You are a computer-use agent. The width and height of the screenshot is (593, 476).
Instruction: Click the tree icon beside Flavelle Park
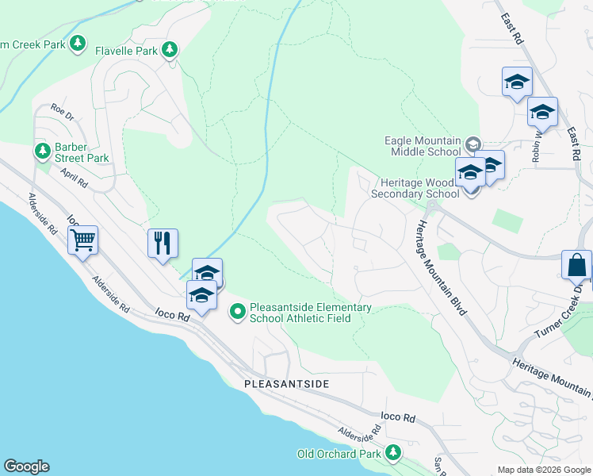[x=169, y=50]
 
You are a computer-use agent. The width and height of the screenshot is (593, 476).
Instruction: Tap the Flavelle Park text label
[x=127, y=50]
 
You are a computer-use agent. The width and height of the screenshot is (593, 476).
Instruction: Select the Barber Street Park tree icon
[x=43, y=151]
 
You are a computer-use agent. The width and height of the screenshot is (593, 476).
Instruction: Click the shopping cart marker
[x=83, y=240]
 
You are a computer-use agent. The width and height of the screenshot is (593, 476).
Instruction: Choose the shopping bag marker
[x=576, y=265]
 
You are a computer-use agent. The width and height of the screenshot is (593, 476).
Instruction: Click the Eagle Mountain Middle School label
[x=423, y=146]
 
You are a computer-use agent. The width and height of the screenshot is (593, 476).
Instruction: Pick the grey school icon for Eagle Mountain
[x=473, y=144]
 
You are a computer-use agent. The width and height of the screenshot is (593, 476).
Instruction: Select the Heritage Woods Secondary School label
[x=415, y=188]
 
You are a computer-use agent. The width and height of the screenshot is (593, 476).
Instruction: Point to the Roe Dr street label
[x=61, y=109]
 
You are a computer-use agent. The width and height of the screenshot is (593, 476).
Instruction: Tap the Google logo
[x=26, y=466]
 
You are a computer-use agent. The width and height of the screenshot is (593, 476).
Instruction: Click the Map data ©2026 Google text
[x=543, y=470]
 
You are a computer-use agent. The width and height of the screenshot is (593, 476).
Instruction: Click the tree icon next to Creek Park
[x=77, y=44]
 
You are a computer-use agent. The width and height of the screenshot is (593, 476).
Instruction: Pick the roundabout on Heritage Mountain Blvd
[x=431, y=206]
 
